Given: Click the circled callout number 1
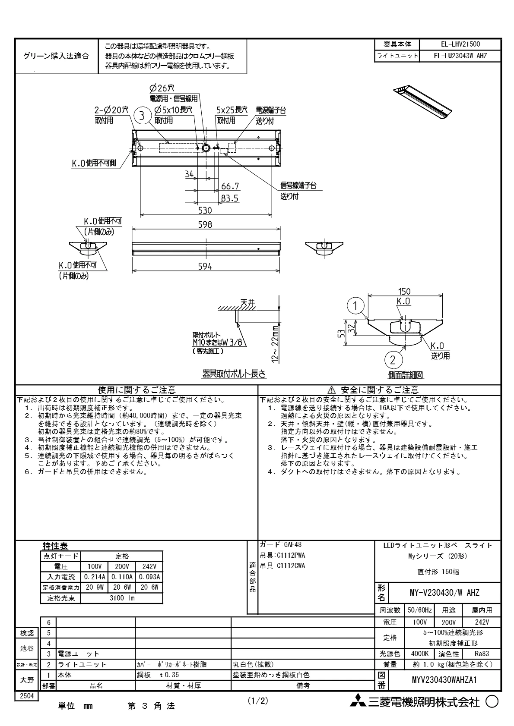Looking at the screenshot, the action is [x=355, y=306].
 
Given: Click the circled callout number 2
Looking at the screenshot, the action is [x=393, y=360].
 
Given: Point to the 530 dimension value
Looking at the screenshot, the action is [x=205, y=211].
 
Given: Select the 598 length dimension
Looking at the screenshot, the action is [x=205, y=224].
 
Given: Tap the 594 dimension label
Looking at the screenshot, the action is [x=205, y=266].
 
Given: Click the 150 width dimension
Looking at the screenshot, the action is [x=404, y=291].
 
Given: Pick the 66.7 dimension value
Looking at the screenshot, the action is [x=230, y=186].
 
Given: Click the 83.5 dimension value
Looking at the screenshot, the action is [x=230, y=198].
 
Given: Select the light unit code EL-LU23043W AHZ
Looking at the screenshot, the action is [x=460, y=56].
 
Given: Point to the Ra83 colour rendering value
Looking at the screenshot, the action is [x=482, y=654].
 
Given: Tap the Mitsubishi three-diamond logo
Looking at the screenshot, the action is [x=358, y=702].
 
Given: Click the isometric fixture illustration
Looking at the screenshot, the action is [x=422, y=102].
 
